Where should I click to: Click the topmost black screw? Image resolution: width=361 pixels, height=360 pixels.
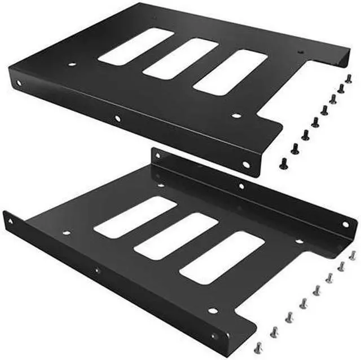pos(348,79)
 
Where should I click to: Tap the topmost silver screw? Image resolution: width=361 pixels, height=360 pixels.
pos(353,255)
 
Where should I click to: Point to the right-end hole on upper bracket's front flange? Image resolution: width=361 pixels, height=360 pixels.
pos(245,165)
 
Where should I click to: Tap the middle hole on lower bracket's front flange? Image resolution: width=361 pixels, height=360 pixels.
pos(97,270)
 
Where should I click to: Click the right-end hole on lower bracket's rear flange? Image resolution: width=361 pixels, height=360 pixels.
pos(346,224)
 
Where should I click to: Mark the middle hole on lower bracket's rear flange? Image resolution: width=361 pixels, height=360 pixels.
pos(241,186)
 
